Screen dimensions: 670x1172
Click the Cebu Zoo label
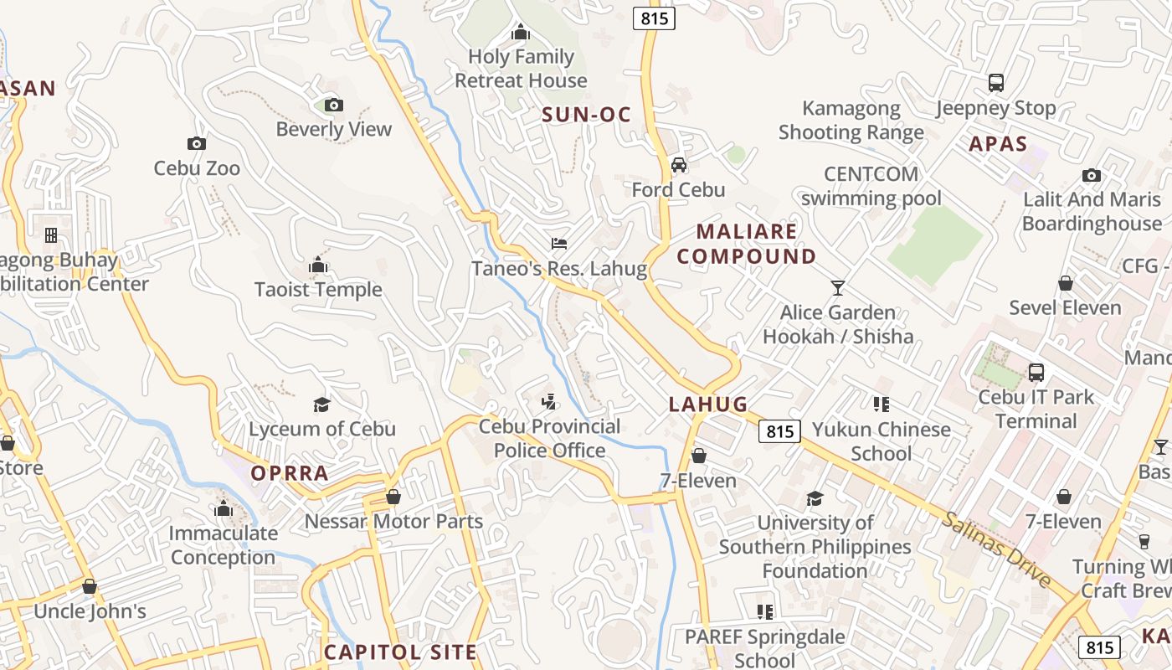[x=197, y=168]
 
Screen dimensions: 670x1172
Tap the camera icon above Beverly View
[x=334, y=105]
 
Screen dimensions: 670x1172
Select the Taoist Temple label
[x=318, y=290]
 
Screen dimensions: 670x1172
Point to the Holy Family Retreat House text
[x=521, y=69]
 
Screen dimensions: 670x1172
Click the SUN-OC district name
[x=586, y=115]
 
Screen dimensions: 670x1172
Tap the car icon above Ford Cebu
[x=679, y=164]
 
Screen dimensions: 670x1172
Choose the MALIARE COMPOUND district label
[x=747, y=244]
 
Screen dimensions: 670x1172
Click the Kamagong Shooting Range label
[x=851, y=120]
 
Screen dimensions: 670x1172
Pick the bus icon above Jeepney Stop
[x=996, y=83]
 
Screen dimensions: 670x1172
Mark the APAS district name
[x=998, y=144]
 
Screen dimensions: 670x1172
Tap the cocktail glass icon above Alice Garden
[x=838, y=288]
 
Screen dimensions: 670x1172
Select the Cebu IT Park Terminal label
[x=1036, y=409]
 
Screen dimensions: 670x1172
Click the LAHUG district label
[x=708, y=405]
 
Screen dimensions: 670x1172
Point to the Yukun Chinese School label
[x=882, y=441]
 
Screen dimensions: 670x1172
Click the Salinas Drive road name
[x=996, y=549]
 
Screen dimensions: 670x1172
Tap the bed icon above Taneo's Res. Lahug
[x=559, y=244]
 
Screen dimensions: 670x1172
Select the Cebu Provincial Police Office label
[x=549, y=438]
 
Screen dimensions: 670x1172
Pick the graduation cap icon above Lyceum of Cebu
[x=322, y=405]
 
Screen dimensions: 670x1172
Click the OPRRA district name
[x=290, y=473]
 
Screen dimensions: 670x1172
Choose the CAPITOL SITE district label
[x=400, y=652]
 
